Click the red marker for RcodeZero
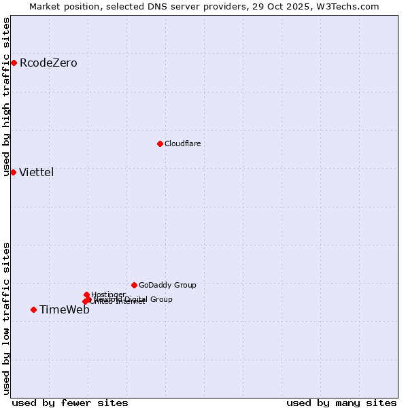14,63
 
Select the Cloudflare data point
160,143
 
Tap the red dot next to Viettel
13,172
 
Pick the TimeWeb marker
33,310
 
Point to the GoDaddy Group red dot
134,285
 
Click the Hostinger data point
86,294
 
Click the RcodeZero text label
48,63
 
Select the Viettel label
37,172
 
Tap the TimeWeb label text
65,310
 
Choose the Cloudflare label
182,143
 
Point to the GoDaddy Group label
167,285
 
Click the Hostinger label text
108,294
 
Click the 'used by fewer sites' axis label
70,403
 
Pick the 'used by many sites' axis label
341,403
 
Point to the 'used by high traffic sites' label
6,97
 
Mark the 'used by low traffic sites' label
6,318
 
